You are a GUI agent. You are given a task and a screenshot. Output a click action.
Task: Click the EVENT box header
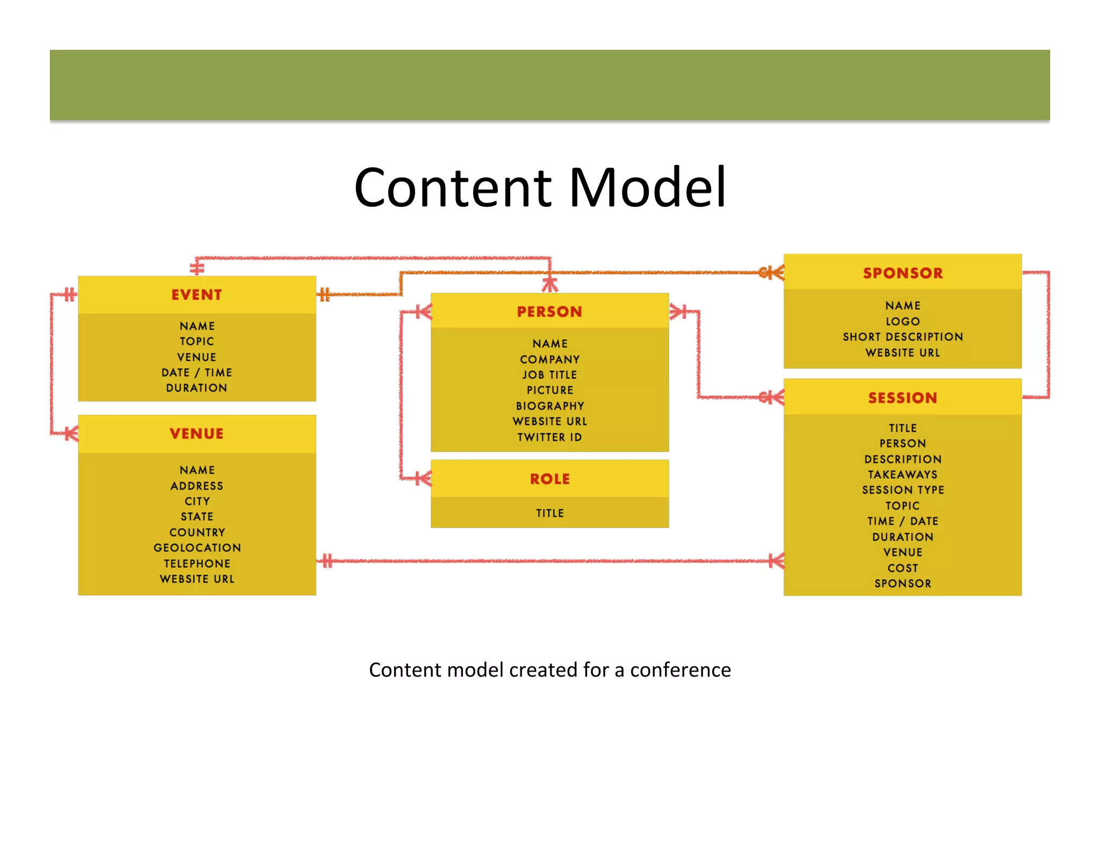[x=197, y=295]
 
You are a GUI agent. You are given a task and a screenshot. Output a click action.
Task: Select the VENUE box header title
[x=197, y=434]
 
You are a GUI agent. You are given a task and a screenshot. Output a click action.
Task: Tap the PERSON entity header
[x=549, y=312]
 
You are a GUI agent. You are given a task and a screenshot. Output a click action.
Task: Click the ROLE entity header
[x=549, y=479]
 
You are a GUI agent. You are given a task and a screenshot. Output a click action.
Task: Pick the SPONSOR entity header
[x=902, y=273]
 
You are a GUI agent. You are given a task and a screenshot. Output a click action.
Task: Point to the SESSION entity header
[x=902, y=398]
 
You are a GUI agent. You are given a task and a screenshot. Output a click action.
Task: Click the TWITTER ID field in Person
[x=549, y=437]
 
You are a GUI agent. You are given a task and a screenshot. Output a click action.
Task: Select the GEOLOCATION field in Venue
[x=197, y=548]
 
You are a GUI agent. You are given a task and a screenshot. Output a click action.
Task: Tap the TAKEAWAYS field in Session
[x=902, y=474]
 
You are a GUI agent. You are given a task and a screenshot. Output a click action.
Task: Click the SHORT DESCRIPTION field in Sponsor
[x=902, y=337]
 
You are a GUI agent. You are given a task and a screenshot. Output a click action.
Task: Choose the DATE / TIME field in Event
[x=197, y=372]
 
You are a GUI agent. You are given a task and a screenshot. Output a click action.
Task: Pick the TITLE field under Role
[x=549, y=513]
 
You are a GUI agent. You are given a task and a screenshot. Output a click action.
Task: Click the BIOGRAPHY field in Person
[x=549, y=406]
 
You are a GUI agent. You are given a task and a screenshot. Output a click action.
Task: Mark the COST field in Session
[x=902, y=568]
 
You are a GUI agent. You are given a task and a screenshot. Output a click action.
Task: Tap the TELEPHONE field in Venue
[x=197, y=564]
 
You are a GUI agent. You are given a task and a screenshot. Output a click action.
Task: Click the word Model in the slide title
[x=647, y=188]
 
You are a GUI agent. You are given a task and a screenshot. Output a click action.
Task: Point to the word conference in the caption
[x=680, y=670]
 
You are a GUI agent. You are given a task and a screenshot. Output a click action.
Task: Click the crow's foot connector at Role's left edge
[x=424, y=478]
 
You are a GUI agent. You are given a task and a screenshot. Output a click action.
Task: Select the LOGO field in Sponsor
[x=902, y=321]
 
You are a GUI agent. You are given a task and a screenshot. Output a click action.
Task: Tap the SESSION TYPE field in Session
[x=902, y=490]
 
